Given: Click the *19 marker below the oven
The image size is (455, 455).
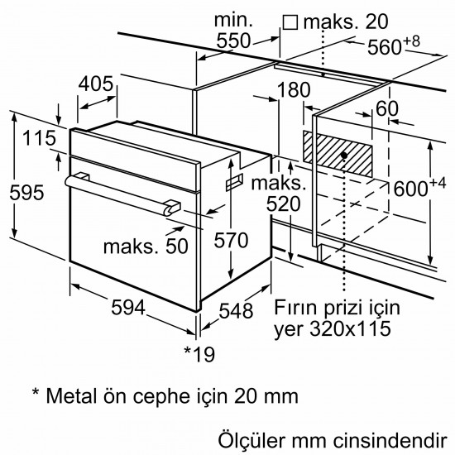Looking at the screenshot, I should [x=199, y=354].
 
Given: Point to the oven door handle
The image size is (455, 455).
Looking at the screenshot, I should [x=124, y=192].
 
